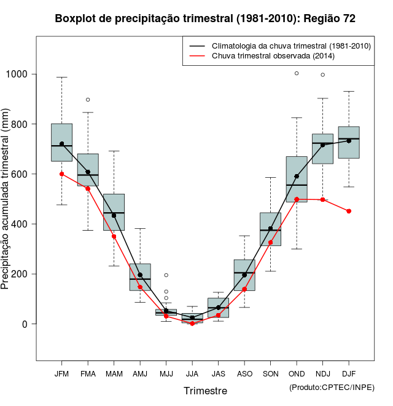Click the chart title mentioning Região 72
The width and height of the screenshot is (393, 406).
pos(205,18)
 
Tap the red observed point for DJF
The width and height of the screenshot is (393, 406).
pos(349,211)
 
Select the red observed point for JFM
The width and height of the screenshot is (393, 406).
pos(61,174)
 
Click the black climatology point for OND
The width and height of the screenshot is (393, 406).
pos(297,177)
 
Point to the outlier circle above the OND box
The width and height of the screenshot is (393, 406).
pos(297,73)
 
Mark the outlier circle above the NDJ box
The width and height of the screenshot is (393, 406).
pos(323,75)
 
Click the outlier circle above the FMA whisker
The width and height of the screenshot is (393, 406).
pos(88,100)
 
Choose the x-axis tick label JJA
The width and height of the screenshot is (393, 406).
pos(192,374)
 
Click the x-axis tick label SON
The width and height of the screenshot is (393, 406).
pos(270,374)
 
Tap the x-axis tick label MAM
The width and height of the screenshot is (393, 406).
pos(114,374)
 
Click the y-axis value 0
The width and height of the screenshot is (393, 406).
pos(26,324)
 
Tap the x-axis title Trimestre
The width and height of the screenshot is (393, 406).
pos(205,391)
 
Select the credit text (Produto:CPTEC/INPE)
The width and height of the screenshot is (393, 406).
pos(332,387)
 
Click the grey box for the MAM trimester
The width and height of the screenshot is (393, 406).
pos(114,212)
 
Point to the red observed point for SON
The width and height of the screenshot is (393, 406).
pos(270,242)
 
